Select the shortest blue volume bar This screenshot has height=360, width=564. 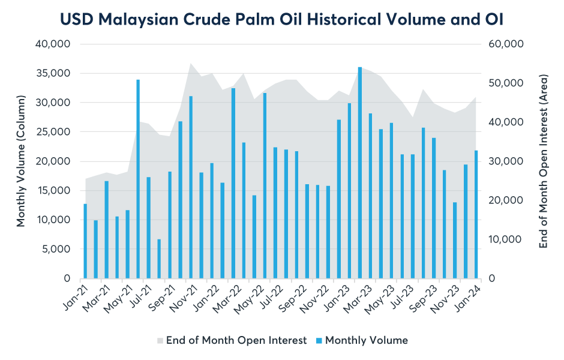click(159, 259)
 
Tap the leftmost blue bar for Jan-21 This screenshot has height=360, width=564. click(85, 241)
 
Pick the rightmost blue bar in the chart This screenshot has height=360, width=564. click(476, 214)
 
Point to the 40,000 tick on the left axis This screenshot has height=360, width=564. click(55, 44)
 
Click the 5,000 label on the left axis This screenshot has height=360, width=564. click(58, 250)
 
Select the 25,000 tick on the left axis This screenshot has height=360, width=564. click(55, 132)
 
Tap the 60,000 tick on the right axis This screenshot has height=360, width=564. click(508, 44)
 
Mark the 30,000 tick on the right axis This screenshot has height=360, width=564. click(508, 161)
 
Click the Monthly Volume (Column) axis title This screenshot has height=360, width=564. click(21, 161)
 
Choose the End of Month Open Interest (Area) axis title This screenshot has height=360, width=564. click(544, 161)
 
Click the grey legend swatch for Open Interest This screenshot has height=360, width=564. click(160, 341)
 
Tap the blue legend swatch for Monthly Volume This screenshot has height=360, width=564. click(319, 341)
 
